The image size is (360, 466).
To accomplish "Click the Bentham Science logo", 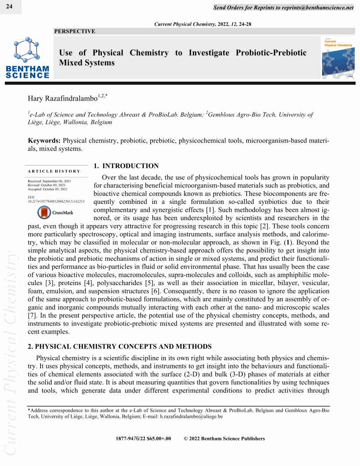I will [27, 57].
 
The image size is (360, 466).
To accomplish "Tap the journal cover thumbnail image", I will [338, 57].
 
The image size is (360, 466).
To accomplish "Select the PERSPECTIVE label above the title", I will [74, 31].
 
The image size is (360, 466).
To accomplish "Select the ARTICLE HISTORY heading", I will [54, 171].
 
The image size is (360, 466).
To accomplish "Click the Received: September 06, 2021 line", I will [49, 181].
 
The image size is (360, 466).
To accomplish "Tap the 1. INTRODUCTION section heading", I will [126, 166].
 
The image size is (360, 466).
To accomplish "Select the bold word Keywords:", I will [45, 141].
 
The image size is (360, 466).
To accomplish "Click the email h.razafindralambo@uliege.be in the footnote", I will [185, 416].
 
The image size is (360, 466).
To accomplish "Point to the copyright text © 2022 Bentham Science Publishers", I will [224, 439].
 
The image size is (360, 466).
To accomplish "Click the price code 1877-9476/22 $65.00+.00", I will [143, 439].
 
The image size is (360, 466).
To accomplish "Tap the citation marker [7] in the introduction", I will [32, 316].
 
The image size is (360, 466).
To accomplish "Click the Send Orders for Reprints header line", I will [283, 8].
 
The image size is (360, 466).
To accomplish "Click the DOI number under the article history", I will [56, 201].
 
